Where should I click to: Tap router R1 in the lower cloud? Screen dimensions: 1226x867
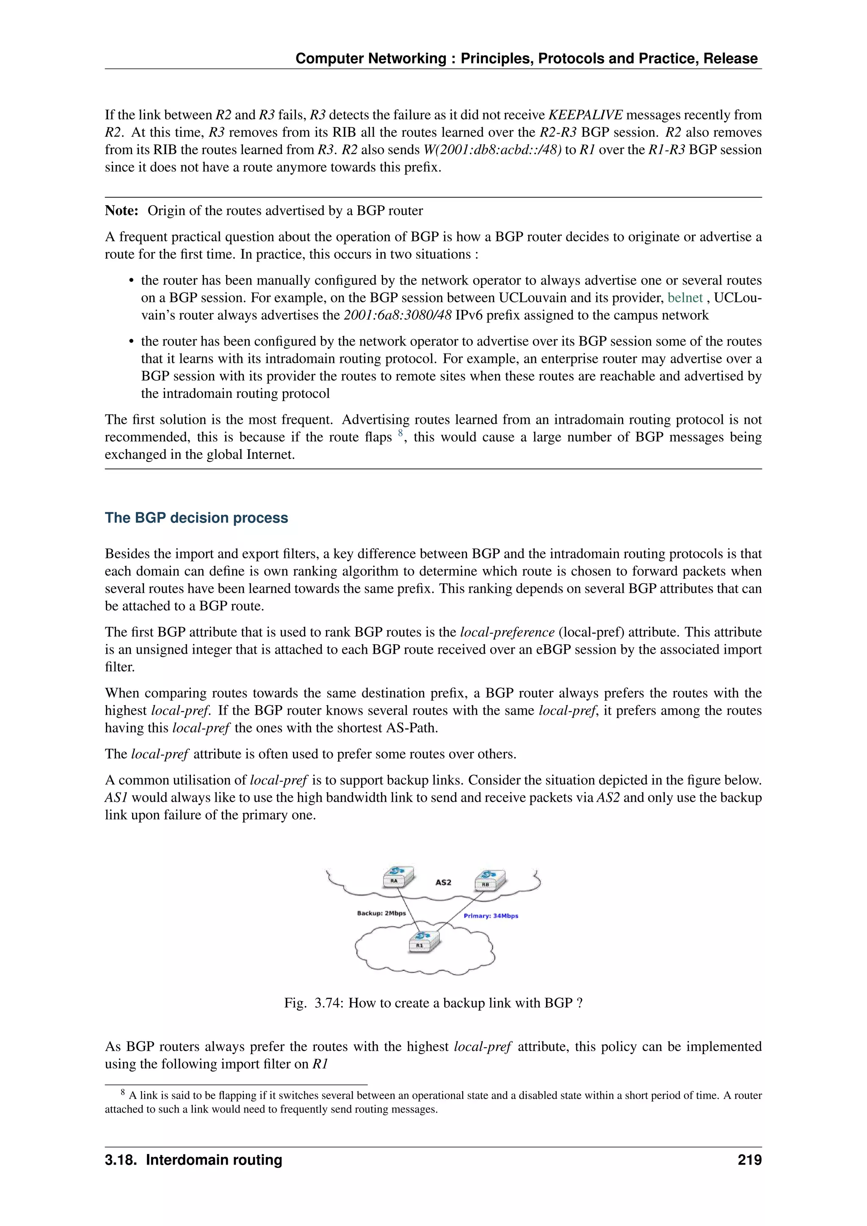(424, 942)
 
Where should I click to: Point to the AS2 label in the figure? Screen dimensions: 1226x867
(443, 882)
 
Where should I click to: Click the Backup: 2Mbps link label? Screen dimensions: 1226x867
(381, 913)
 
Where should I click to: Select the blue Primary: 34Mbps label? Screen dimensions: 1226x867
(491, 916)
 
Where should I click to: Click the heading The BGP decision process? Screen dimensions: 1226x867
(196, 517)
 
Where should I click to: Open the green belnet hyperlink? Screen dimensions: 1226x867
(685, 298)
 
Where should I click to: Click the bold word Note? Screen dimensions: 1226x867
(122, 210)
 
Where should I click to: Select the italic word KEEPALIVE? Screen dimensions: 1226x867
(585, 115)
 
